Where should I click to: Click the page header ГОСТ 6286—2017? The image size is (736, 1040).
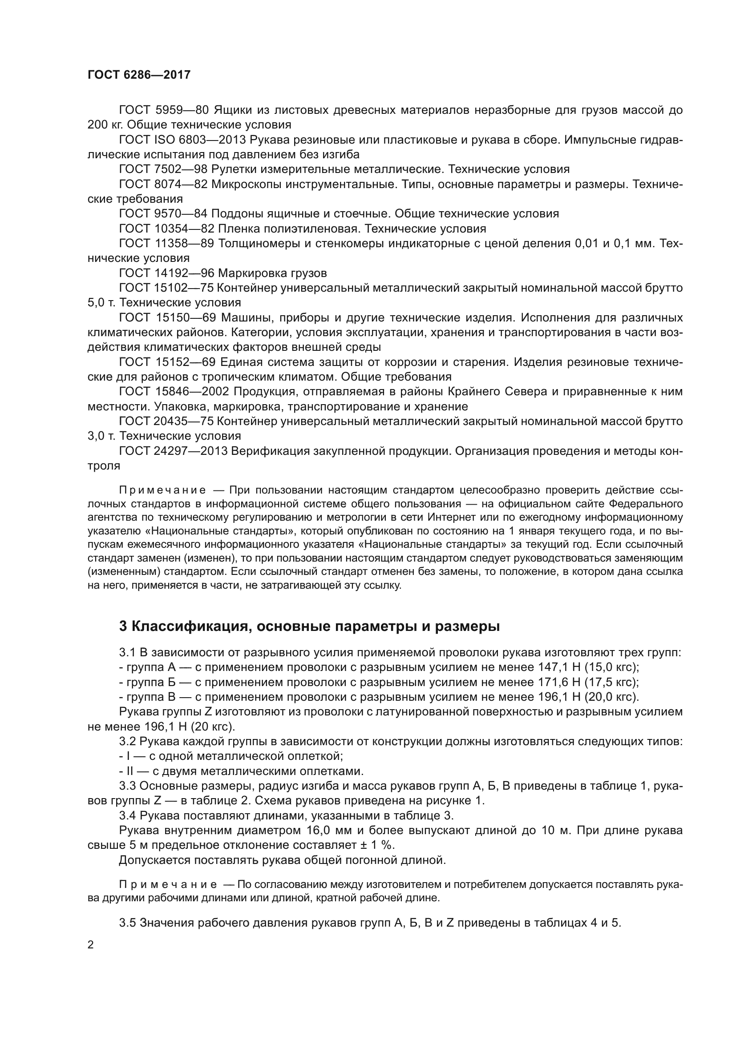coord(139,75)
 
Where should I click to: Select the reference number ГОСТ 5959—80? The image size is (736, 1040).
coord(164,110)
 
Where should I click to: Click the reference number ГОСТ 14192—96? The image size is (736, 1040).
coord(166,273)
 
